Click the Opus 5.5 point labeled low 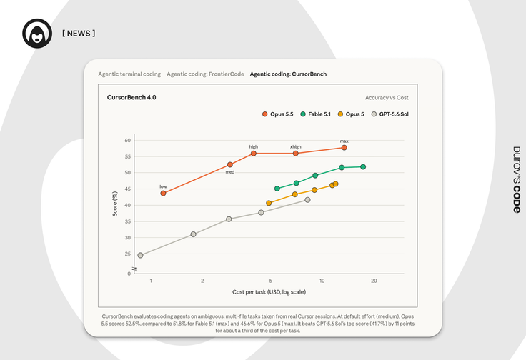pyautogui.click(x=163, y=193)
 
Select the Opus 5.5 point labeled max pyautogui.click(x=344, y=147)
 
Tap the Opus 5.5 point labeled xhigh pyautogui.click(x=296, y=153)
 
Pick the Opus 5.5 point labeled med pyautogui.click(x=230, y=164)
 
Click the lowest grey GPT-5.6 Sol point pyautogui.click(x=140, y=255)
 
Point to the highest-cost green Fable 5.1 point pyautogui.click(x=363, y=166)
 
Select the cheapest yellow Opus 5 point pyautogui.click(x=269, y=203)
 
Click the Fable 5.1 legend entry pyautogui.click(x=315, y=114)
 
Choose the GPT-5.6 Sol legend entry pyautogui.click(x=389, y=114)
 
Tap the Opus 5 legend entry pyautogui.click(x=351, y=114)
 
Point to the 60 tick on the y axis pyautogui.click(x=128, y=140)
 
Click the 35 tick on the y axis pyautogui.click(x=128, y=221)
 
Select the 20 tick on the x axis pyautogui.click(x=374, y=281)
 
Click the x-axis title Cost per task pyautogui.click(x=269, y=292)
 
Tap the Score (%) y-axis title pyautogui.click(x=115, y=204)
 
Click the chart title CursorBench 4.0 pyautogui.click(x=131, y=97)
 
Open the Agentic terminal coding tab pyautogui.click(x=129, y=74)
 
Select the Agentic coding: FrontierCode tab pyautogui.click(x=205, y=74)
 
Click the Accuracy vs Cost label pyautogui.click(x=387, y=98)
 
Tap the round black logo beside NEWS pyautogui.click(x=37, y=33)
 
